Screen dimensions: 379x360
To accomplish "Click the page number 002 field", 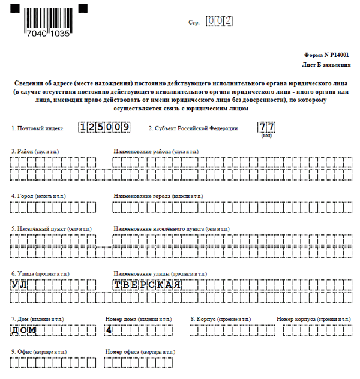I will pos(219,21).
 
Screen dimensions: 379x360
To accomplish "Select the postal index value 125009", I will pos(105,128).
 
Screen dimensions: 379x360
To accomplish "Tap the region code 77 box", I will pos(266,127).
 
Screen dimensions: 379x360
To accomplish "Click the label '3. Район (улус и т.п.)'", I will pos(35,151).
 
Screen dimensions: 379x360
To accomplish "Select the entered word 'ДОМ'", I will pos(24,330).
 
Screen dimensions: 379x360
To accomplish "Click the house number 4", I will pos(109,330).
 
